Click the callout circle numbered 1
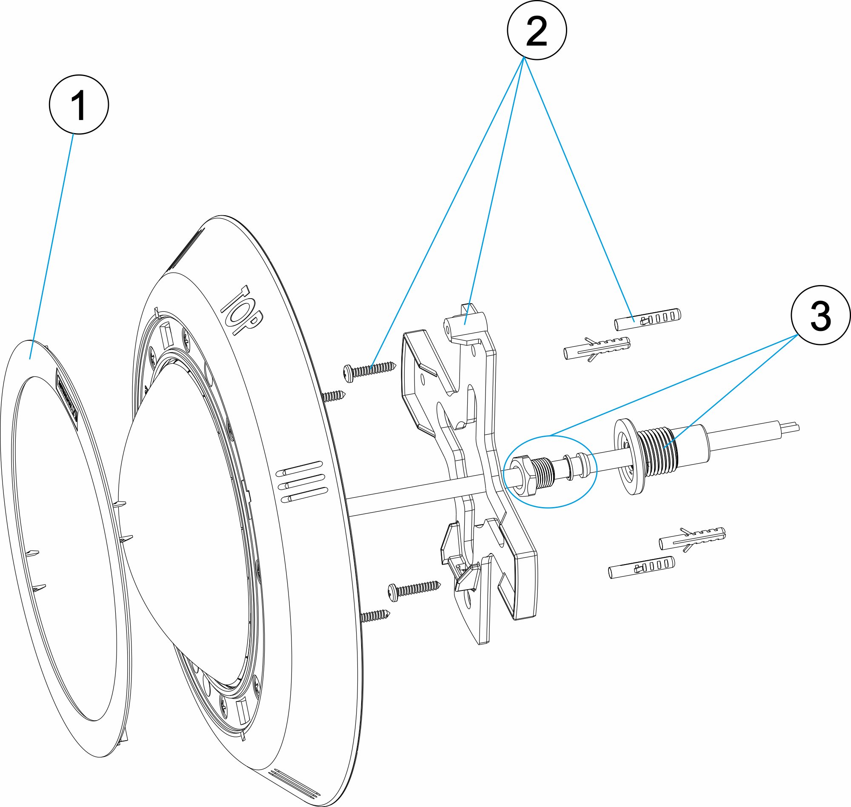tap(79, 105)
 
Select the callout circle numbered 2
tap(537, 30)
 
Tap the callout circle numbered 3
tap(820, 315)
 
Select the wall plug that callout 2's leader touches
tap(648, 319)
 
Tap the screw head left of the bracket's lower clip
tap(394, 592)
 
